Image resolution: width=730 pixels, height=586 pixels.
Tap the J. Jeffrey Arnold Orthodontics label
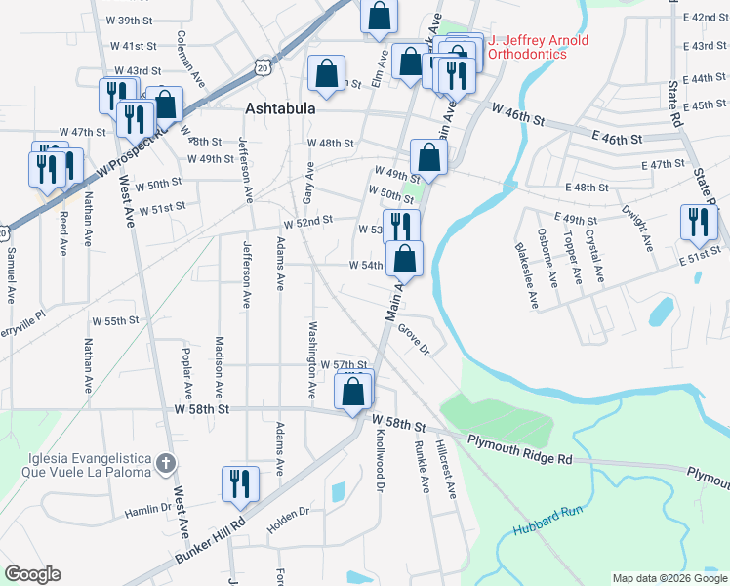tap(527, 47)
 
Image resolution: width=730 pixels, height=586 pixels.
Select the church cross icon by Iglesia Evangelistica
tap(167, 462)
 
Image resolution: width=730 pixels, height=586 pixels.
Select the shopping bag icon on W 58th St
tap(353, 392)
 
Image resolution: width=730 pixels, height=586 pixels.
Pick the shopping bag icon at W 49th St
tap(428, 156)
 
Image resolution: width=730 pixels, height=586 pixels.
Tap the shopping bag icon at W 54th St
tap(404, 259)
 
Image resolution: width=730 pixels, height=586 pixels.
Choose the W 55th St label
tap(115, 320)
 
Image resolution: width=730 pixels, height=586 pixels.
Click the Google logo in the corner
tap(33, 574)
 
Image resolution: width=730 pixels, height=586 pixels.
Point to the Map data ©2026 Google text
tap(669, 578)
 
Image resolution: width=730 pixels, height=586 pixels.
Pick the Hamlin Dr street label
tap(147, 511)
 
